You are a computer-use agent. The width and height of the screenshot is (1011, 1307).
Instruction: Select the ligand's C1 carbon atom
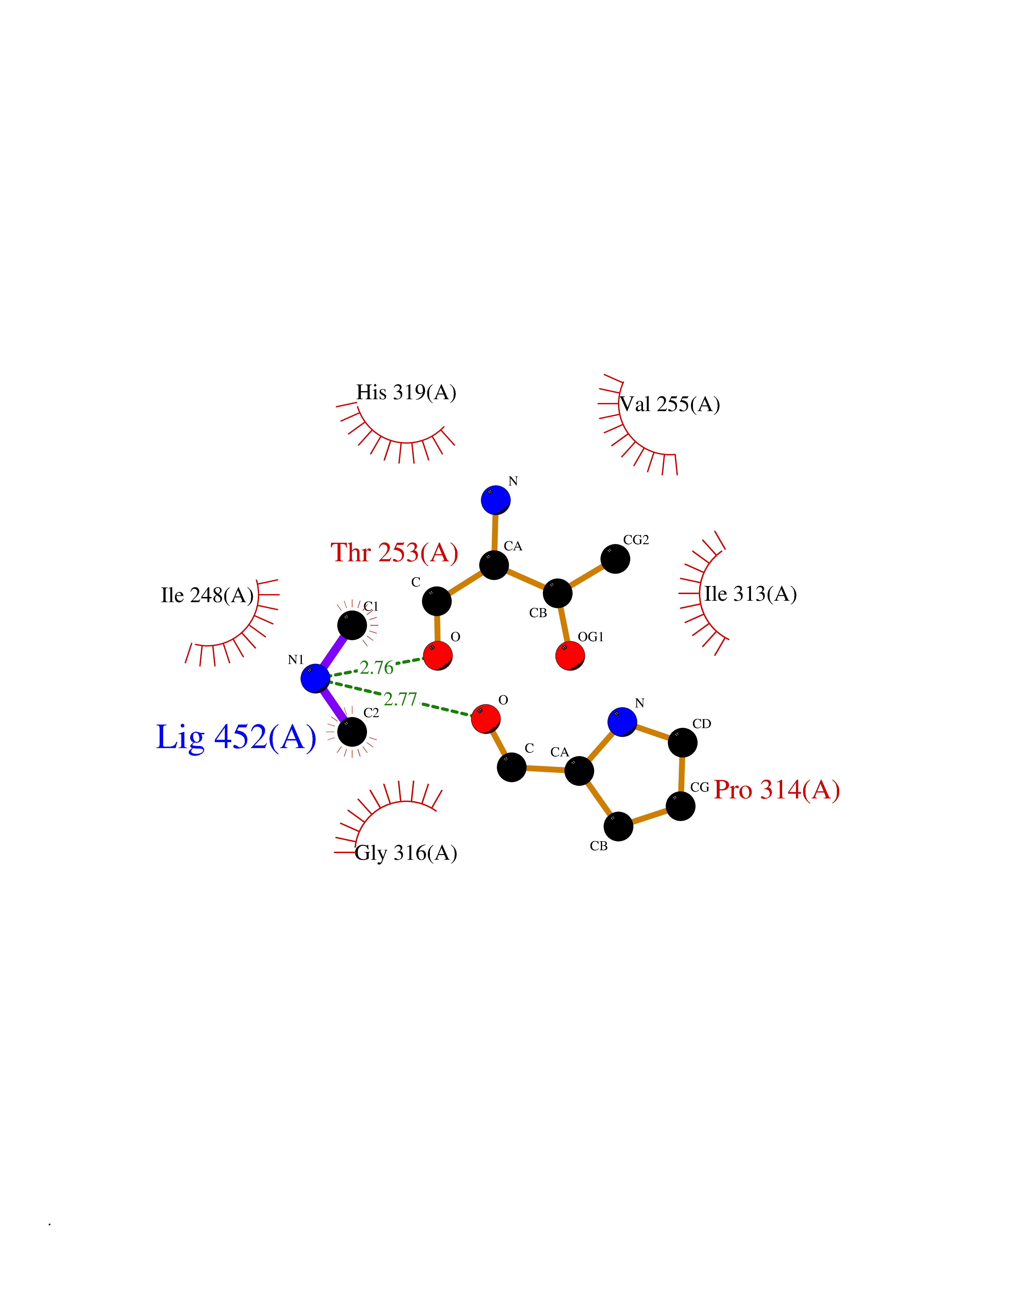[x=352, y=625]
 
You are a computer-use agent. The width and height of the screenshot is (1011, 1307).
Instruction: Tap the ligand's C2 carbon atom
[x=352, y=731]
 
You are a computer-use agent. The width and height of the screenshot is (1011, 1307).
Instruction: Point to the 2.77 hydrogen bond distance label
[x=400, y=699]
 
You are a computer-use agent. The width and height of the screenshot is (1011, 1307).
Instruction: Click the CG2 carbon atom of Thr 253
[x=615, y=559]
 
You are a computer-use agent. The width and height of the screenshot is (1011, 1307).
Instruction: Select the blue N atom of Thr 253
[x=496, y=500]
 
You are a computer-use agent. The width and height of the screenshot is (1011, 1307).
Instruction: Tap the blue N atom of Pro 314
[x=622, y=722]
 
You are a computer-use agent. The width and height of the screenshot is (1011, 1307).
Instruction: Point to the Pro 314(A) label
[x=777, y=790]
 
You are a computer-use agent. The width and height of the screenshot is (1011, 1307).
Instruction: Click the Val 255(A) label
[x=670, y=404]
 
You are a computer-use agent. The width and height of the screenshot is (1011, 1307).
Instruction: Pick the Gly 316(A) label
[x=406, y=853]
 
